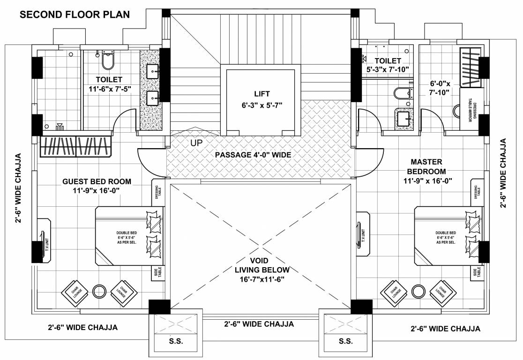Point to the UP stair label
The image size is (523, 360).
coord(196,142)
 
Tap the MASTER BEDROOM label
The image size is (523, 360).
coord(426,166)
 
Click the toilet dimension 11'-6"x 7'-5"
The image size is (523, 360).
coord(109,89)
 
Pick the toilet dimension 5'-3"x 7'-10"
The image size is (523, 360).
coord(388,69)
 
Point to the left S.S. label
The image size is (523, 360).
coord(176,341)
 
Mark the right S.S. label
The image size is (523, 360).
coord(346,341)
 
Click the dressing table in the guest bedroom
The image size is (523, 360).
coord(157,192)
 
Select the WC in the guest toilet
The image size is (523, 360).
coord(107,60)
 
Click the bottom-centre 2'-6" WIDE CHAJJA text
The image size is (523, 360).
coord(259,324)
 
